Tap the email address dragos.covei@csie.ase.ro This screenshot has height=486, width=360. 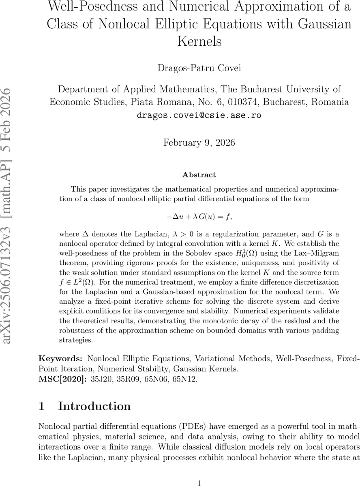tap(199, 115)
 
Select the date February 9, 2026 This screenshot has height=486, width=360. tap(199, 143)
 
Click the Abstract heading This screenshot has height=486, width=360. tap(199, 175)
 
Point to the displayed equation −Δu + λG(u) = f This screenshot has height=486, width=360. tap(199, 217)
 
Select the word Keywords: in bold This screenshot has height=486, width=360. tap(60, 358)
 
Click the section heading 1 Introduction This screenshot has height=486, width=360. tap(85, 406)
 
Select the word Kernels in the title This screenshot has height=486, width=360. tap(199, 41)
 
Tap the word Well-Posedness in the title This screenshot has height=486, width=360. tap(98, 7)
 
